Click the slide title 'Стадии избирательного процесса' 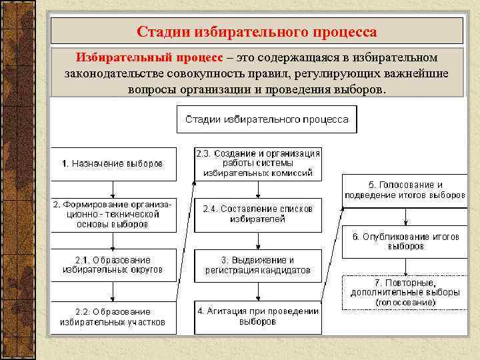(257, 31)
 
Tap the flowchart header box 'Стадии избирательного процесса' (267, 120)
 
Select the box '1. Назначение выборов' (114, 164)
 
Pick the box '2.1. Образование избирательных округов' (114, 265)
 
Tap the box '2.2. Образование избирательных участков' (114, 317)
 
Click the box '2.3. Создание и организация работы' (257, 163)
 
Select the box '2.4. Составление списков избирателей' (257, 214)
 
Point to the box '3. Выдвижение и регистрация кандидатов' (257, 265)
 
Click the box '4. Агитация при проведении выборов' (257, 317)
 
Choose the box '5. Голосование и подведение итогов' (405, 190)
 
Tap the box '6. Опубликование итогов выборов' (405, 241)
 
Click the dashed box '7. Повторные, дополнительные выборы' (405, 293)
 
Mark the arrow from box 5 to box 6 (405, 216)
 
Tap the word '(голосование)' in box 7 (405, 302)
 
